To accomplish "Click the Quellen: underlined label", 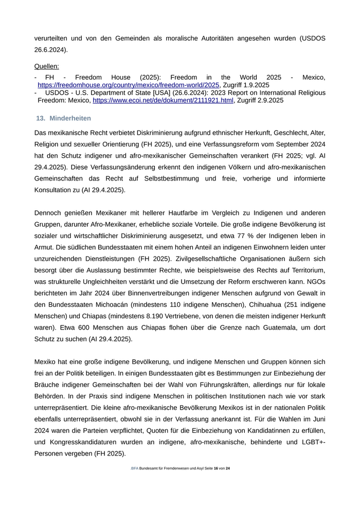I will [46, 66].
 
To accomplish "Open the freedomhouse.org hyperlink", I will [129, 85].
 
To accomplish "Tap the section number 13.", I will [41, 118].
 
